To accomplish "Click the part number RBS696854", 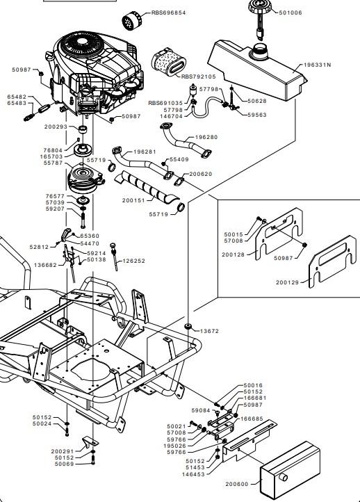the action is (168, 13).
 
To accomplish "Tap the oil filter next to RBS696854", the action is (131, 21).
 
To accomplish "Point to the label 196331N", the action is (317, 65).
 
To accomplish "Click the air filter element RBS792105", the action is (168, 62).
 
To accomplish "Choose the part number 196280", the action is (206, 137).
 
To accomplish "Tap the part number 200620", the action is (201, 174).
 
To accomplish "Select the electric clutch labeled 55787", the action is (85, 178).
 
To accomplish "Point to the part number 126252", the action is (133, 261).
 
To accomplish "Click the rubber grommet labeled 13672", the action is (188, 327).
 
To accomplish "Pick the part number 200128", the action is (234, 255).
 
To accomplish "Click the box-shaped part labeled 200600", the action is (291, 471).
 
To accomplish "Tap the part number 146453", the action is (193, 474).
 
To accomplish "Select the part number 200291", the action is (63, 451).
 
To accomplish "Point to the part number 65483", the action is (17, 103).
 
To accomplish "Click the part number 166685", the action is (252, 419).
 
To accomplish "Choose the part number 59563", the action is (257, 115).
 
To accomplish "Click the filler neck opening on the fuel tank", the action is (261, 49).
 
